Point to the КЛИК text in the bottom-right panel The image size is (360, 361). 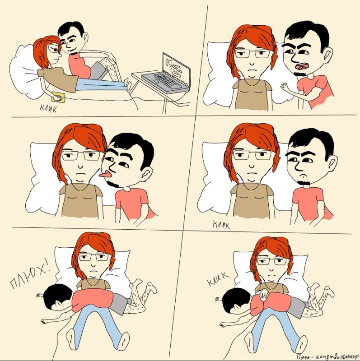point(219,278)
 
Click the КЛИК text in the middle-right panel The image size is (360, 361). point(221,224)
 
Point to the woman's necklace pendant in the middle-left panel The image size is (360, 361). point(81,190)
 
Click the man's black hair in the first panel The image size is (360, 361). point(72,31)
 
